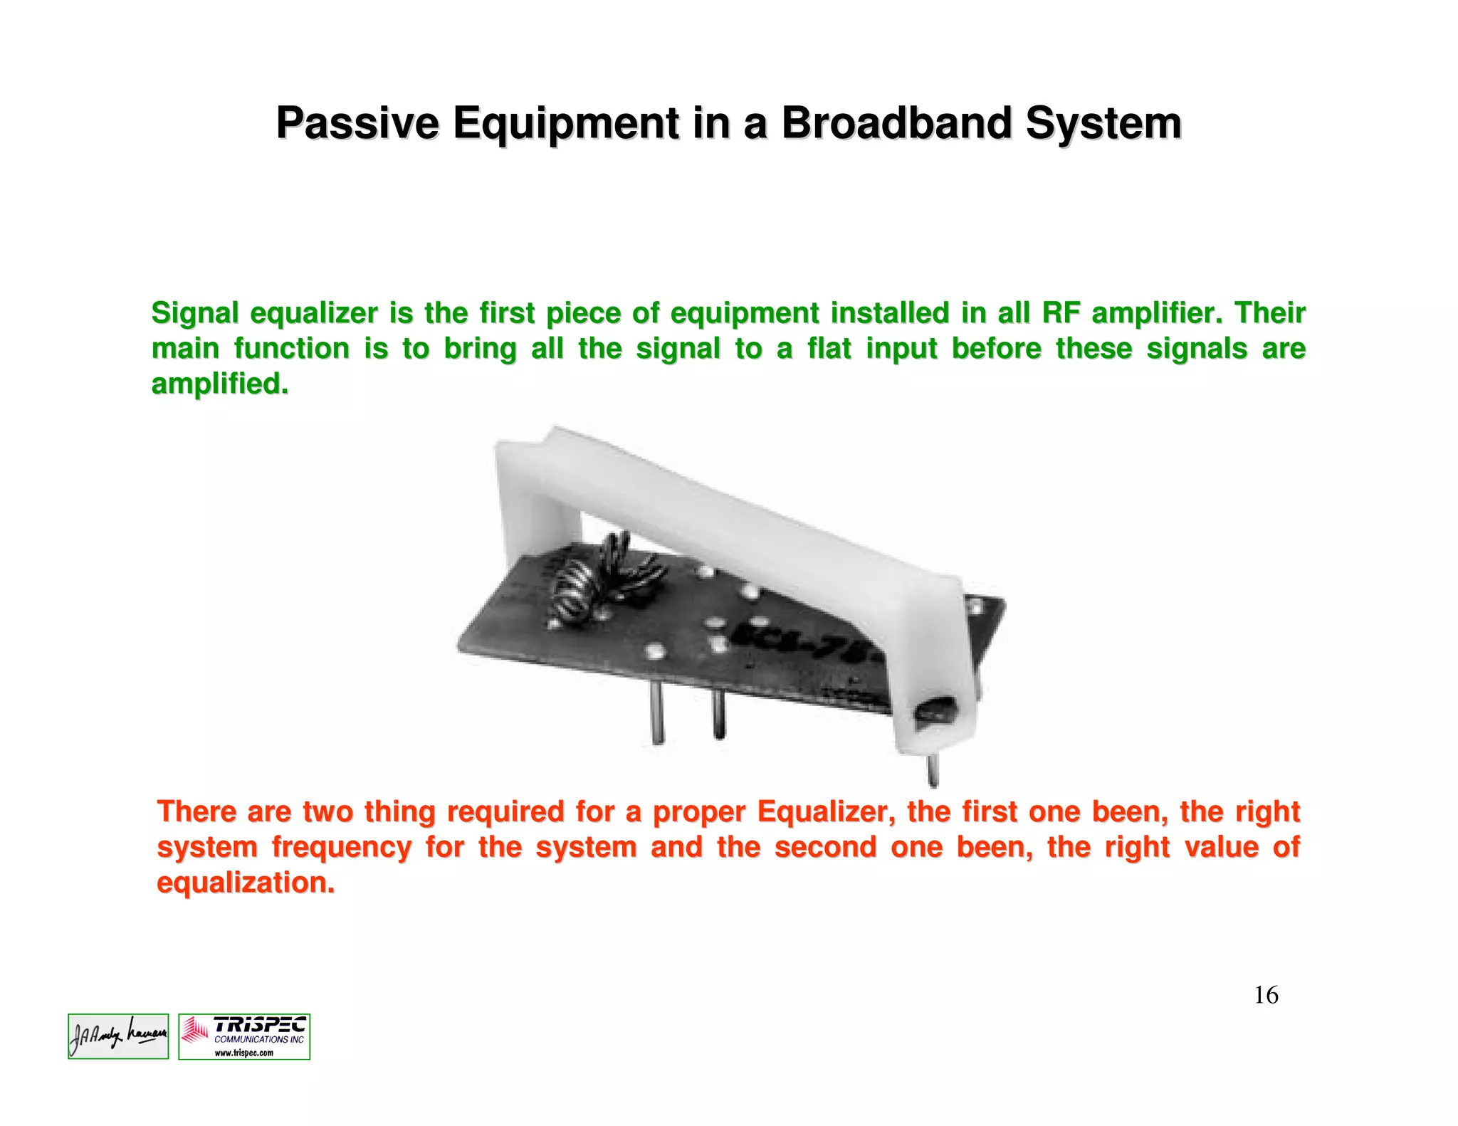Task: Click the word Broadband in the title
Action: pos(896,123)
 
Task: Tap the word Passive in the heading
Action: pos(357,123)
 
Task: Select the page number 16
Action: pos(1266,994)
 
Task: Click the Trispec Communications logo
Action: pos(244,1036)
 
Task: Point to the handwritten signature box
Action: pos(118,1036)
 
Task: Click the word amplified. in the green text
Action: pos(220,384)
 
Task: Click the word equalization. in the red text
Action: pos(246,883)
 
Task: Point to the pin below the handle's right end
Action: pos(932,771)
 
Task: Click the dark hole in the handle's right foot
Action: pos(934,710)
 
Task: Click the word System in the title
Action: pos(1103,123)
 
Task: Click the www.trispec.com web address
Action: pos(243,1053)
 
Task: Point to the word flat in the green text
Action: pos(829,349)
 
